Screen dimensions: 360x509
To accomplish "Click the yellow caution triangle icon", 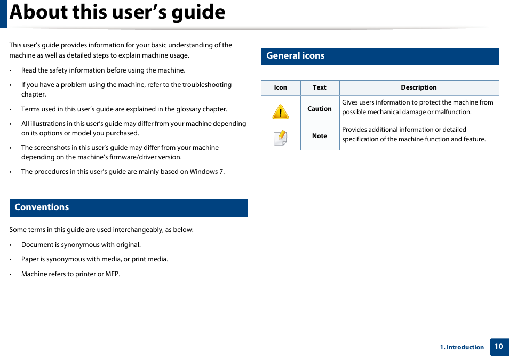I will coord(280,111).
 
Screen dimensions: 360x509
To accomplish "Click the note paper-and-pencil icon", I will coord(281,138).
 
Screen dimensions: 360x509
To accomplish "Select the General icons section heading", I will coord(296,56).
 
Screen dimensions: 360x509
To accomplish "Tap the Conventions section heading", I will coord(42,207).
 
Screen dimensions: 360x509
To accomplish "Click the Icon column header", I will coord(281,87).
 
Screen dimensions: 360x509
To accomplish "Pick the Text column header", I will coord(320,87).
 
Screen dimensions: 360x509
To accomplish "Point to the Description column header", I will coord(419,87).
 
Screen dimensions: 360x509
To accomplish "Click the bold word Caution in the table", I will coord(320,109).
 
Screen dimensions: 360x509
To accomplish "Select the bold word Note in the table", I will coord(320,136).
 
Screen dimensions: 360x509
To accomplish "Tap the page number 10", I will coord(499,347).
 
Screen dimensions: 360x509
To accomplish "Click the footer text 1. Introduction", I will coord(462,347).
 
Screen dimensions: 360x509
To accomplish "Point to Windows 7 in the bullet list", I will coord(207,172).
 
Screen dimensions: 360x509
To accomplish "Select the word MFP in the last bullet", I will coord(113,274).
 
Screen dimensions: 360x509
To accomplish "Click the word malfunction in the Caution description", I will coord(453,113).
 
